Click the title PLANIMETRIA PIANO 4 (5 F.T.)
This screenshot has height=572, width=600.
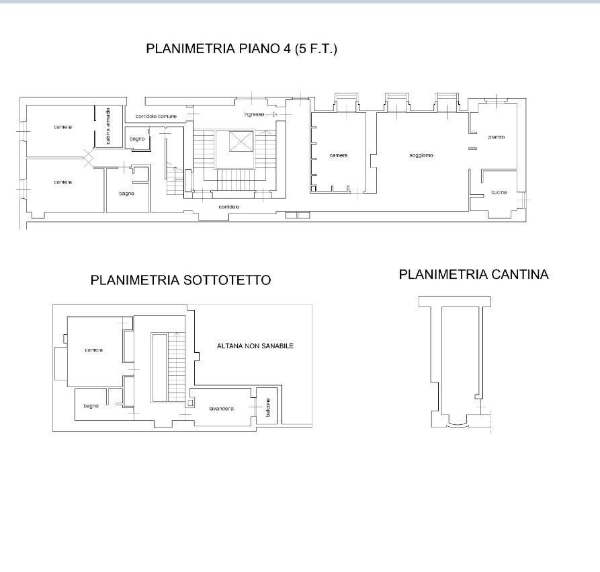coord(241,48)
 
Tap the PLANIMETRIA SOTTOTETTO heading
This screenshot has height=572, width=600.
coord(181,280)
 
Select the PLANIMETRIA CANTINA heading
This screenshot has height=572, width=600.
coord(474,274)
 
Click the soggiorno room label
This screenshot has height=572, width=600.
coord(421,155)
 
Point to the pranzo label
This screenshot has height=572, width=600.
coord(497,137)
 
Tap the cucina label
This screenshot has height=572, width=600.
coord(499,192)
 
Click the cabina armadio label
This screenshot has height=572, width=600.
coord(108,126)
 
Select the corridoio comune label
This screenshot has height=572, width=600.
coord(156,116)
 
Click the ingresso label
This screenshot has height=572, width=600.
coord(254,114)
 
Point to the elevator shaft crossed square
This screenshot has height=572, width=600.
coord(241,141)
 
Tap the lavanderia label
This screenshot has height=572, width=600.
coord(222,409)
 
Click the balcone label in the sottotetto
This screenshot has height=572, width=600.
coord(268,407)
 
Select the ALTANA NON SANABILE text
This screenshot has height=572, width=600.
coord(255,345)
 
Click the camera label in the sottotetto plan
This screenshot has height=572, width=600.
coord(94,350)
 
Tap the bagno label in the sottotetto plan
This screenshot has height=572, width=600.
coord(91,406)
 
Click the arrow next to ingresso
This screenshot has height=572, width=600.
coord(271,114)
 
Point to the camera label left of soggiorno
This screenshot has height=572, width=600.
coord(339,155)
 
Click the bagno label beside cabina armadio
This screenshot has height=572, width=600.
coord(137,138)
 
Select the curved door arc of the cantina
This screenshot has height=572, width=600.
coord(458,425)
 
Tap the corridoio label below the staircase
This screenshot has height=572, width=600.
coord(229,207)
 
